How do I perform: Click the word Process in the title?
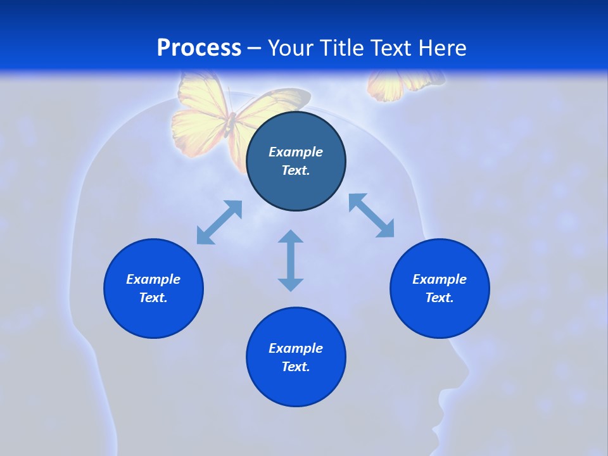[x=199, y=48]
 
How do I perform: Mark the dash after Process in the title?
[x=255, y=49]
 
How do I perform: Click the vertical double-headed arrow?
[x=291, y=260]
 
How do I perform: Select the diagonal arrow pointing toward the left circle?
[x=219, y=222]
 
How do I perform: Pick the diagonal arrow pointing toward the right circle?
[x=371, y=215]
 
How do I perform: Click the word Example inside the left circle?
[x=153, y=279]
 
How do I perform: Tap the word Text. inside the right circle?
[x=440, y=298]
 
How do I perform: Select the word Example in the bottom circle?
[x=296, y=348]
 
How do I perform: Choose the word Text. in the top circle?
[x=296, y=170]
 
